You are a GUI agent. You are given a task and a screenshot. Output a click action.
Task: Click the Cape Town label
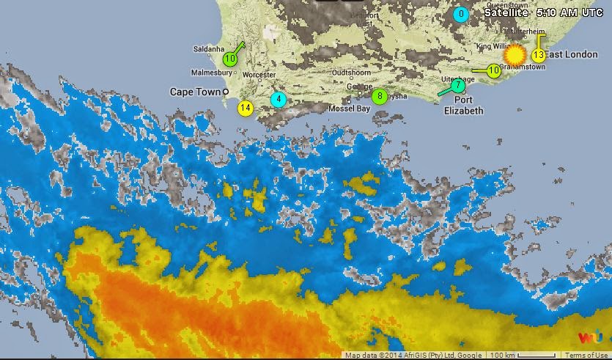(x=194, y=92)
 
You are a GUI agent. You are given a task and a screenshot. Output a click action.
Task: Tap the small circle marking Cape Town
(x=226, y=92)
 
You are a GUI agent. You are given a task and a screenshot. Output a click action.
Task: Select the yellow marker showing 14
(x=245, y=109)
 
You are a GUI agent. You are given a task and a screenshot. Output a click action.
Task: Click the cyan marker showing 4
(x=279, y=99)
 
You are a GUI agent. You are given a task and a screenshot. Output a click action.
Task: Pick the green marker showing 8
(x=379, y=96)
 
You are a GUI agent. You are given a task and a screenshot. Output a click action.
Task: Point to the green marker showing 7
(x=459, y=85)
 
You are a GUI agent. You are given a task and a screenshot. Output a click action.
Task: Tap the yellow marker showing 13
(x=538, y=55)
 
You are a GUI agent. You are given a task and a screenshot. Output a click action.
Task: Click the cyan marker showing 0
(x=461, y=14)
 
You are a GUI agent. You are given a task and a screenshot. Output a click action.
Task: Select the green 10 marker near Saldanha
(x=230, y=59)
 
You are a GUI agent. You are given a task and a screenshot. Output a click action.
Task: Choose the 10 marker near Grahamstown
(x=494, y=70)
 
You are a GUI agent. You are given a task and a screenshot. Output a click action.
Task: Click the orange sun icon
(x=515, y=55)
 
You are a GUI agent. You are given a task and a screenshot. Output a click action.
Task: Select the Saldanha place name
(x=207, y=49)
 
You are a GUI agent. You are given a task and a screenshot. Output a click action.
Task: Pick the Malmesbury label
(x=210, y=73)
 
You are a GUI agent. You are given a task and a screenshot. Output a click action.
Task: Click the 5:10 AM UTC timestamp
(x=571, y=12)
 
